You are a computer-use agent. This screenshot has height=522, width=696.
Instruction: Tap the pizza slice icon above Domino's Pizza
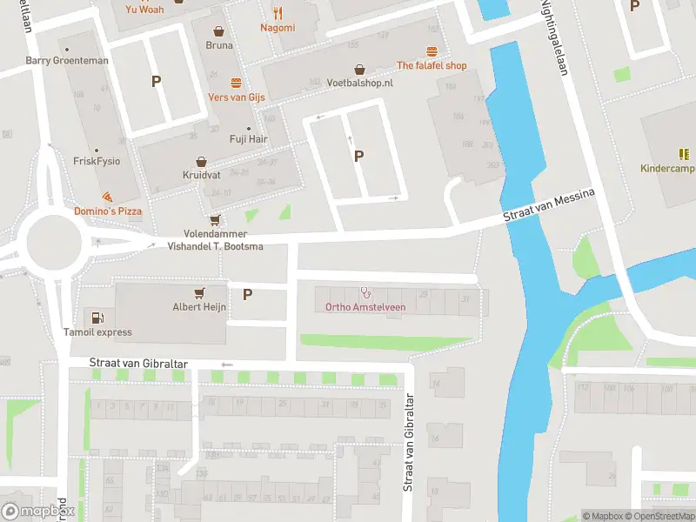pyautogui.click(x=106, y=197)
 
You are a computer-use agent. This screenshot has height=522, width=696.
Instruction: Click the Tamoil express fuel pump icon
pyautogui.click(x=97, y=318)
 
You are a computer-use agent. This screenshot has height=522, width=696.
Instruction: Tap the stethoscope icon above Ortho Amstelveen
pyautogui.click(x=365, y=292)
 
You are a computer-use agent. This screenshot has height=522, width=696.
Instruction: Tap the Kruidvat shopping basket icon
pyautogui.click(x=201, y=162)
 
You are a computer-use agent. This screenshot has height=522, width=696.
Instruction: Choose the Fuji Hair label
pyautogui.click(x=248, y=138)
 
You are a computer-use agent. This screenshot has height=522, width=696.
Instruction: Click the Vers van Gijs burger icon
pyautogui.click(x=236, y=84)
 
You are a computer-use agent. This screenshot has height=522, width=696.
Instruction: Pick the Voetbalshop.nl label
pyautogui.click(x=360, y=83)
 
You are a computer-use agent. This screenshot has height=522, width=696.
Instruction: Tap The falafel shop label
pyautogui.click(x=432, y=65)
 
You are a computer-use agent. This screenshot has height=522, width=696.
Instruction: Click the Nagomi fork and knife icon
pyautogui.click(x=278, y=13)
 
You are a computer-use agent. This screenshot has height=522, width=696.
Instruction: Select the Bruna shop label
pyautogui.click(x=219, y=45)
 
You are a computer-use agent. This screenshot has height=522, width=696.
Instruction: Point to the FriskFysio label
pyautogui.click(x=97, y=162)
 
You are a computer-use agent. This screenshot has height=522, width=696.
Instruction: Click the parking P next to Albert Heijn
pyautogui.click(x=247, y=295)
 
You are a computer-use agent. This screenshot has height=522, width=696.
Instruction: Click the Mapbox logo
pyautogui.click(x=37, y=512)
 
